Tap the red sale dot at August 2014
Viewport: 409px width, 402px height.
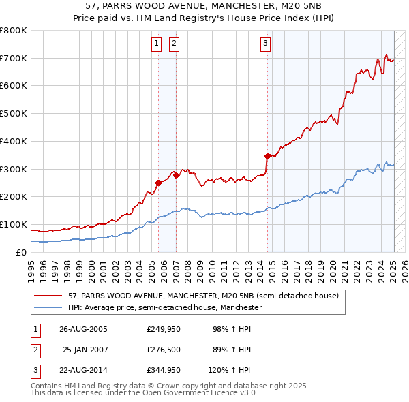click(x=267, y=156)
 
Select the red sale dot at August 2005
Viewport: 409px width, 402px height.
click(x=158, y=182)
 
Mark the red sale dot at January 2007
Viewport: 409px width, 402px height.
click(x=176, y=175)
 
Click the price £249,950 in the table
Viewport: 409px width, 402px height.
click(x=162, y=329)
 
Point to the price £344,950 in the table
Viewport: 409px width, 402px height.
click(x=162, y=370)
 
